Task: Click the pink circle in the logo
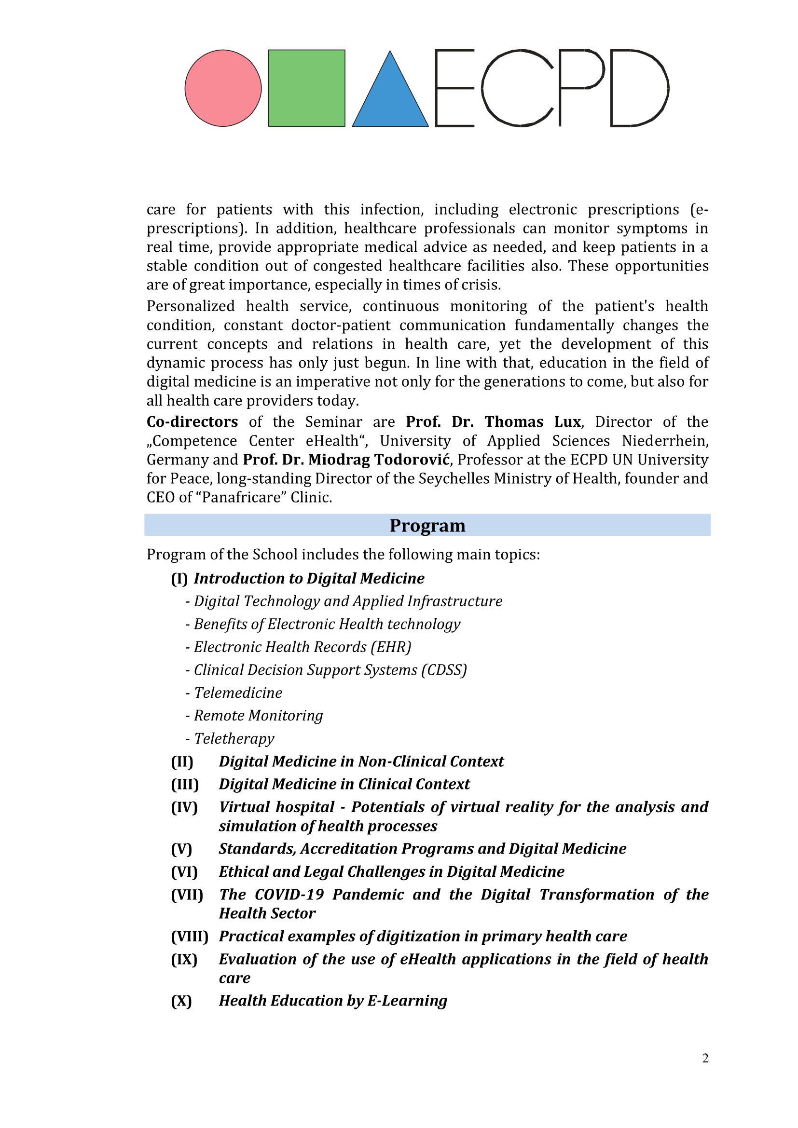[223, 88]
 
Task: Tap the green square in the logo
[307, 88]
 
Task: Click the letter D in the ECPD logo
[639, 88]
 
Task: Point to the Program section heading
[427, 525]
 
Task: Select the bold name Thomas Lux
[533, 422]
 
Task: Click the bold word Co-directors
[192, 422]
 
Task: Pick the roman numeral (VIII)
[190, 937]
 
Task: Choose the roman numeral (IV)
[184, 807]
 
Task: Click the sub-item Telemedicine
[238, 693]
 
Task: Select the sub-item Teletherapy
[234, 738]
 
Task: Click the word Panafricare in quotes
[239, 498]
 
